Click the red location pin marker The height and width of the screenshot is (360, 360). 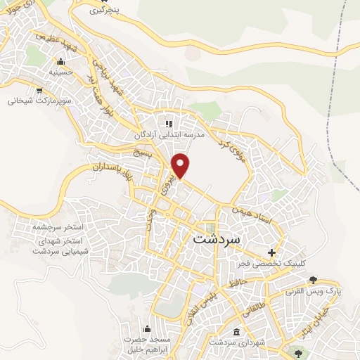tap(181, 165)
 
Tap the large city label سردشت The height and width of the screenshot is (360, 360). tap(216, 238)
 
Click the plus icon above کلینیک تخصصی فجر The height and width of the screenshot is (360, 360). tap(271, 252)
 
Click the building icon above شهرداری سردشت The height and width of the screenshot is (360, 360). tap(236, 331)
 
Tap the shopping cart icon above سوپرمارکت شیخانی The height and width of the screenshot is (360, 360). tap(40, 90)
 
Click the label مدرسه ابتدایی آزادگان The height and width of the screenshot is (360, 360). tap(169, 134)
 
